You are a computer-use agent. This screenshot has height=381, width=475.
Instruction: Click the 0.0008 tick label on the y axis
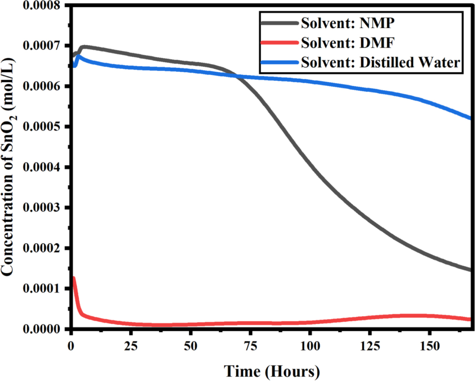pos(43,5)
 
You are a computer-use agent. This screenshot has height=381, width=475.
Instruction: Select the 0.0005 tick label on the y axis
pos(43,127)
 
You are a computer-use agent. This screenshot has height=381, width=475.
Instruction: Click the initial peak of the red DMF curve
pos(73,278)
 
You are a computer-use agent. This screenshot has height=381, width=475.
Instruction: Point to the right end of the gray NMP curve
pos(470,270)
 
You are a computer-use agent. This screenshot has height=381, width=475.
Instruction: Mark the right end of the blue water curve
pos(470,118)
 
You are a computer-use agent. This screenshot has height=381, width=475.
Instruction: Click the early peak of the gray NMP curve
pos(84,47)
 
